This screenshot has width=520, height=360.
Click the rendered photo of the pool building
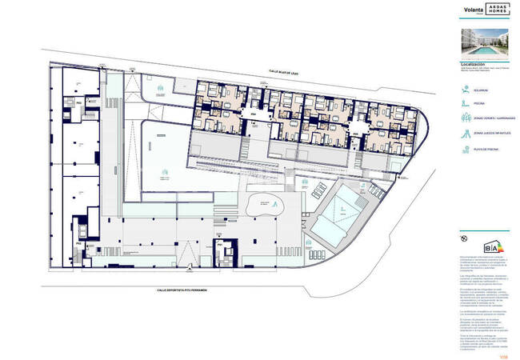(x=484, y=42)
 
